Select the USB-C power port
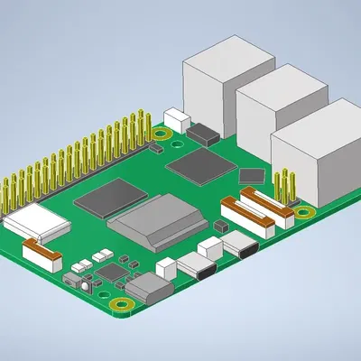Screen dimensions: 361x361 pyautogui.click(x=150, y=289)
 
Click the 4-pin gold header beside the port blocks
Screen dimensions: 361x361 pyautogui.click(x=288, y=185)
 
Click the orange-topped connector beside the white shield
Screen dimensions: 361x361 pyautogui.click(x=43, y=252)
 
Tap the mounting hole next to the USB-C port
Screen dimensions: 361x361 pyautogui.click(x=120, y=307)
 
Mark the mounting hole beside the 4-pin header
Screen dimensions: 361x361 pyautogui.click(x=304, y=213)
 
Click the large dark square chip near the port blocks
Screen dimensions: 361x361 pyautogui.click(x=200, y=166)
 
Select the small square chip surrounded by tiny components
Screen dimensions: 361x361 pyautogui.click(x=113, y=271)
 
